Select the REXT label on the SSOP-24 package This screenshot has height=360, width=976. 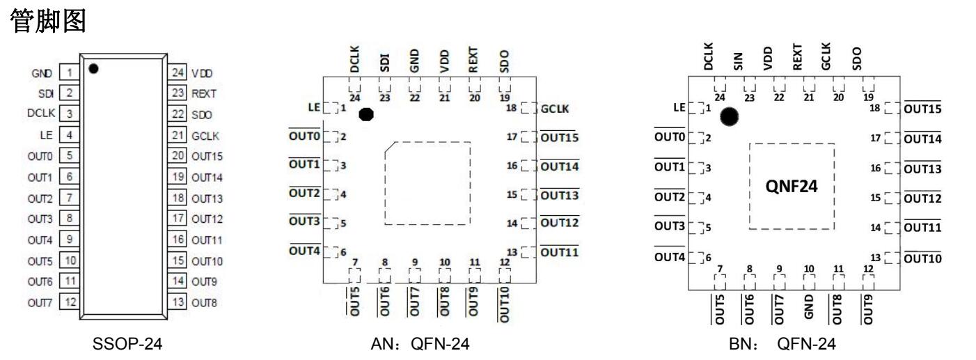click(x=204, y=93)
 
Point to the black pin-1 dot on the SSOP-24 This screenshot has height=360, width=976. click(x=93, y=68)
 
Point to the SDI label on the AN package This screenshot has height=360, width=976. click(x=384, y=63)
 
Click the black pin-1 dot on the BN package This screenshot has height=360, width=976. click(x=729, y=117)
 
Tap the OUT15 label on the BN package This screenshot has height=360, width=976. click(x=922, y=109)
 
